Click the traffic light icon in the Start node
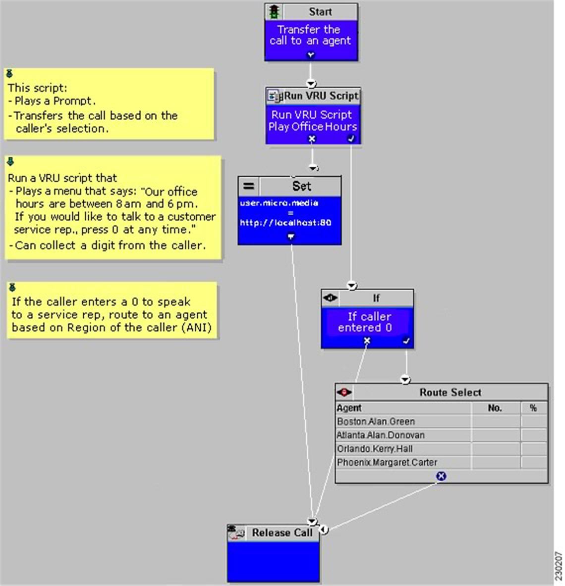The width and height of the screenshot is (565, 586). [x=274, y=11]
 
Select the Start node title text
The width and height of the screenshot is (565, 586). [x=320, y=11]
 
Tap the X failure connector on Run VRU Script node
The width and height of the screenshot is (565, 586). [x=312, y=139]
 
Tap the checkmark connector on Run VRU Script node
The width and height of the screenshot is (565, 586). [x=351, y=139]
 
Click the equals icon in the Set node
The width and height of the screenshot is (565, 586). [x=248, y=186]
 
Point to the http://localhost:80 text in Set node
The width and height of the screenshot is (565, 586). [x=285, y=223]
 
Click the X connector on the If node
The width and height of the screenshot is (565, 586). [x=367, y=341]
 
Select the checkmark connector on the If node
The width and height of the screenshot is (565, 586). [x=406, y=341]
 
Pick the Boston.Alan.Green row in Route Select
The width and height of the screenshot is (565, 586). [x=376, y=422]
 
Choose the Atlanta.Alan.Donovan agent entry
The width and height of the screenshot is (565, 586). [x=381, y=435]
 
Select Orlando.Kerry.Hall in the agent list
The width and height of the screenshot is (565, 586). [x=375, y=448]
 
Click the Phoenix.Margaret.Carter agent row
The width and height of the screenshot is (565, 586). [x=387, y=462]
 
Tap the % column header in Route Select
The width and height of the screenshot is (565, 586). [x=533, y=408]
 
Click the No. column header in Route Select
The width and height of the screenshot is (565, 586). [x=495, y=408]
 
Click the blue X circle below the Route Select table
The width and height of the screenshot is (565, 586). [x=442, y=476]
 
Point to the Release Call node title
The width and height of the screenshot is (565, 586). [x=282, y=532]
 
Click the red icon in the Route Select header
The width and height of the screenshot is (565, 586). [x=344, y=392]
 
